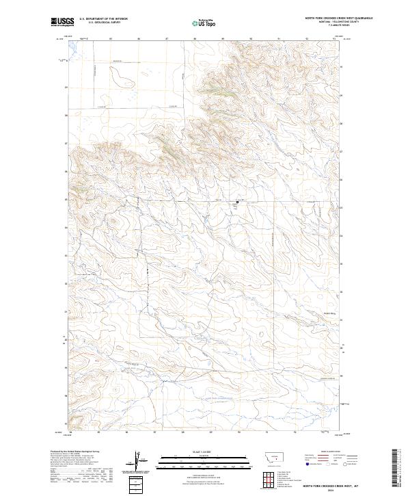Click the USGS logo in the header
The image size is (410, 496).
(x=61, y=23)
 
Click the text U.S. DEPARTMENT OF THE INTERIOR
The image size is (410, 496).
(x=103, y=20)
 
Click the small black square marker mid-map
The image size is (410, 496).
(x=237, y=202)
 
